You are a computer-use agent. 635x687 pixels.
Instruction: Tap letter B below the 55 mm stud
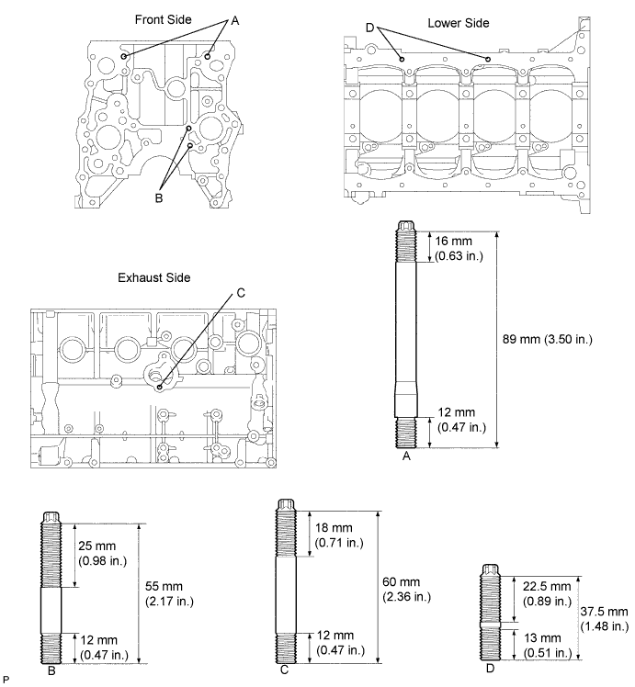point(51,671)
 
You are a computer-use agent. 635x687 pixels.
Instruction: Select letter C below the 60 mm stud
point(286,671)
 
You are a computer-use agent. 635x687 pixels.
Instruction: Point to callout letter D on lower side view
point(369,28)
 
